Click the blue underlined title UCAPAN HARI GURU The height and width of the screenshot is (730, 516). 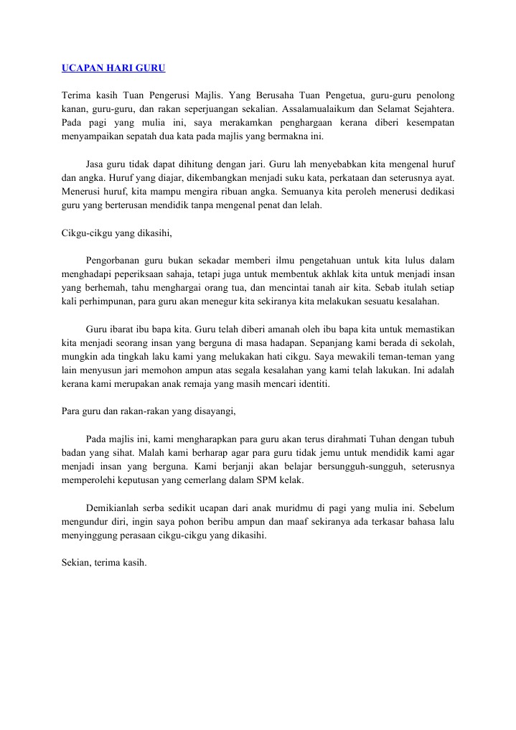point(113,69)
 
